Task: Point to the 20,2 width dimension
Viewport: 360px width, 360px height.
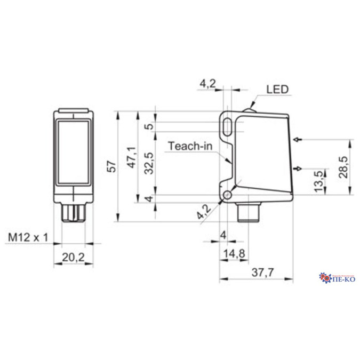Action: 73,258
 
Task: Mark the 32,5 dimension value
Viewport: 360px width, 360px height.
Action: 150,163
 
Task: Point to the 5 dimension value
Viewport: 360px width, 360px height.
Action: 150,126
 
